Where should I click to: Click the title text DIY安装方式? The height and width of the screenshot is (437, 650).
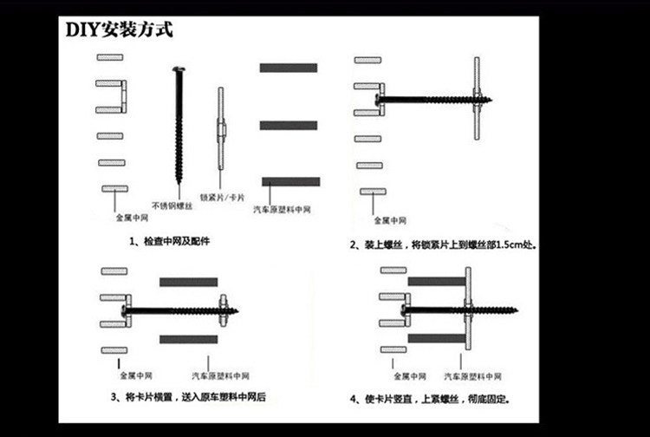[120, 30]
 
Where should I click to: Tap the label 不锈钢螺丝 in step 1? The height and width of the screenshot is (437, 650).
[171, 206]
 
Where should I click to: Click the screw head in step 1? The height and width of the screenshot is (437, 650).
[179, 69]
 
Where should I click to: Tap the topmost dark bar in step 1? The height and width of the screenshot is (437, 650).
[289, 68]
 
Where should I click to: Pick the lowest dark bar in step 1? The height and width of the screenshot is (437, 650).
[290, 182]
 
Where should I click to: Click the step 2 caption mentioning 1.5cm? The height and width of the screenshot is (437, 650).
[443, 245]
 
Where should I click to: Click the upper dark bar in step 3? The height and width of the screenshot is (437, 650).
[188, 283]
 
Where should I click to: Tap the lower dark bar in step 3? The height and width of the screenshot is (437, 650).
[188, 339]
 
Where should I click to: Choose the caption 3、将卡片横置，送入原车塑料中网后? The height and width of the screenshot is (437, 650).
[188, 397]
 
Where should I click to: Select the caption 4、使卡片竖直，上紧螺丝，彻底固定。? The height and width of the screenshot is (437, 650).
[431, 400]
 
